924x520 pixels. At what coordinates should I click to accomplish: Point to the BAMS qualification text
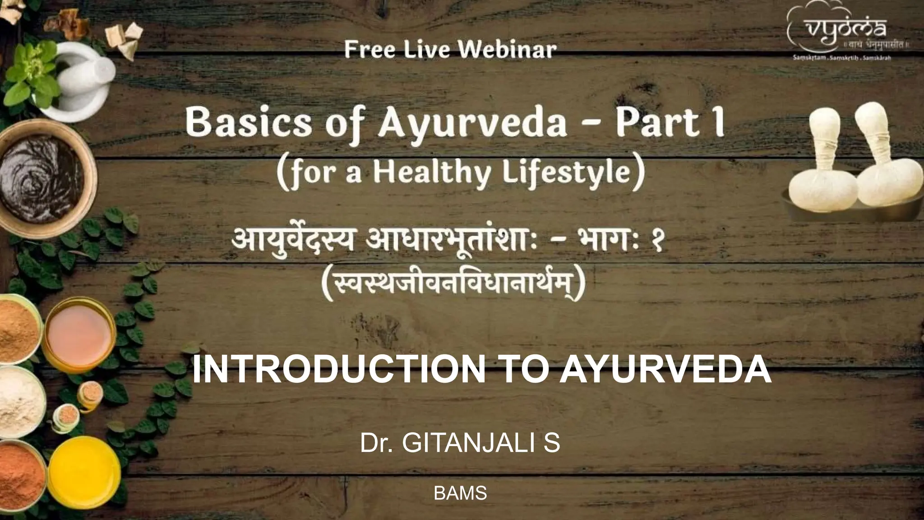(460, 493)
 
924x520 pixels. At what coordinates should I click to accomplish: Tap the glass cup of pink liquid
(79, 332)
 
